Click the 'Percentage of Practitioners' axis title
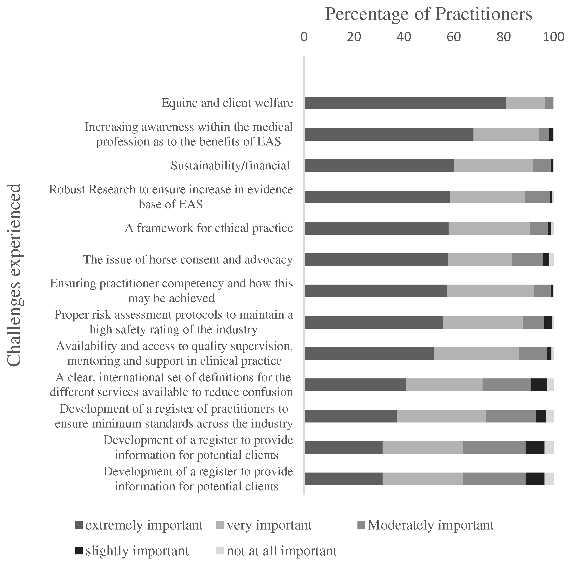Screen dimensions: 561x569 (x=428, y=14)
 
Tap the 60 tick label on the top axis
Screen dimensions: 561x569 (x=454, y=37)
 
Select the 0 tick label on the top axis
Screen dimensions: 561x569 (x=304, y=37)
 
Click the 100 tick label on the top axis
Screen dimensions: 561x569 (x=553, y=37)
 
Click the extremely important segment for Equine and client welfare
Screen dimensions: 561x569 (x=405, y=103)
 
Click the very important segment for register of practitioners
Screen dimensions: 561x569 (x=441, y=416)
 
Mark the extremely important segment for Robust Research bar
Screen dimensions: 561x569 (x=377, y=197)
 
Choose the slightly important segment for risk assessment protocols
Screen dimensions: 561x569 (x=548, y=322)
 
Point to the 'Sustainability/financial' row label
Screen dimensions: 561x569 (x=230, y=166)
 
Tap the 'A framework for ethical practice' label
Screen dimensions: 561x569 (x=209, y=228)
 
